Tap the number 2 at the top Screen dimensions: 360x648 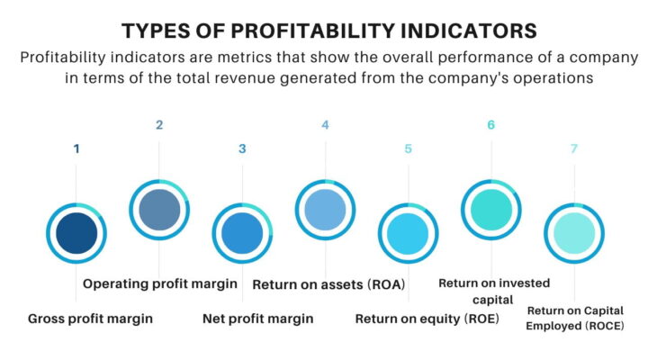[x=159, y=125]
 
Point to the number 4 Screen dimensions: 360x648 [x=325, y=125]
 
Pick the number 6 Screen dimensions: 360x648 [x=490, y=125]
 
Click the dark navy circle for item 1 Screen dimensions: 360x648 [x=76, y=233]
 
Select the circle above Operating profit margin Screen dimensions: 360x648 [x=159, y=210]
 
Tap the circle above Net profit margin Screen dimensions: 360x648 [x=242, y=233]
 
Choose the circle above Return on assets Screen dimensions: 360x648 [x=325, y=210]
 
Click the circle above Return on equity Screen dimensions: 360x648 [x=408, y=233]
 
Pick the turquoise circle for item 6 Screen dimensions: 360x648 [x=490, y=210]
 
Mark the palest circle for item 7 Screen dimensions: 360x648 [x=573, y=233]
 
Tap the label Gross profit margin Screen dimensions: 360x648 [x=90, y=318]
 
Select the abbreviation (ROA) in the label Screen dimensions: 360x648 [x=384, y=284]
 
